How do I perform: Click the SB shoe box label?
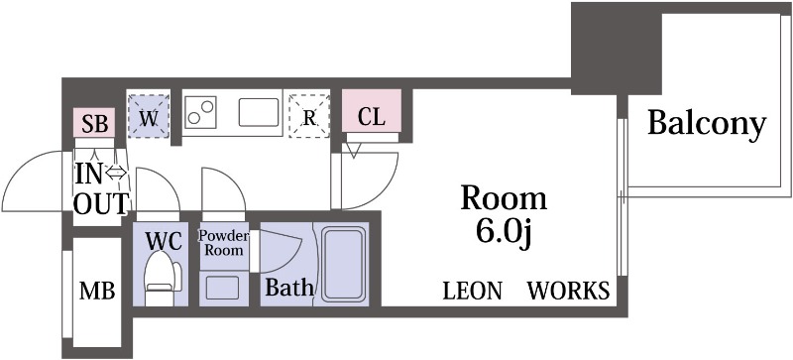pyautogui.click(x=94, y=124)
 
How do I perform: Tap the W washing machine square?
pyautogui.click(x=149, y=116)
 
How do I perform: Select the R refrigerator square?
pyautogui.click(x=309, y=117)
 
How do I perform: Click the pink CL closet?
pyautogui.click(x=372, y=115)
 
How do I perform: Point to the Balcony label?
pyautogui.click(x=707, y=124)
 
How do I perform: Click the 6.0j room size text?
pyautogui.click(x=504, y=233)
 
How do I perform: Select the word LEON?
pyautogui.click(x=472, y=291)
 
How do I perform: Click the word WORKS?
pyautogui.click(x=568, y=291)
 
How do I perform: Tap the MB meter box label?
pyautogui.click(x=97, y=292)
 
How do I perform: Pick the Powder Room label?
pyautogui.click(x=223, y=243)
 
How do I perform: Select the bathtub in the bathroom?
pyautogui.click(x=342, y=263)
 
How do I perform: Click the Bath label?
pyautogui.click(x=288, y=289)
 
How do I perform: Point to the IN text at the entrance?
pyautogui.click(x=89, y=174)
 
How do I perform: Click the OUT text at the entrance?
pyautogui.click(x=101, y=203)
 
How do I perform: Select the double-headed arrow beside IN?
pyautogui.click(x=117, y=174)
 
